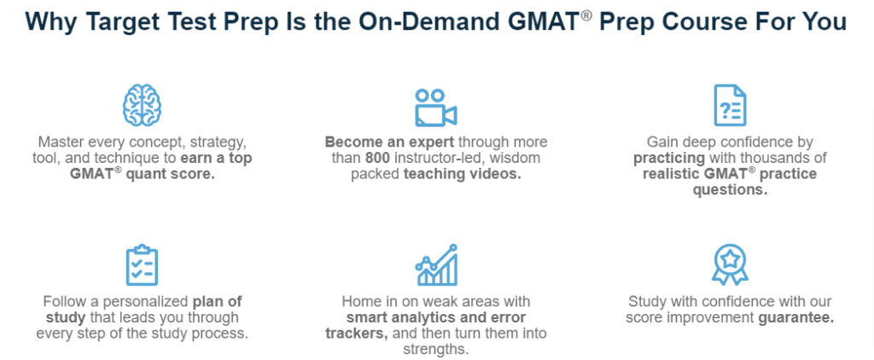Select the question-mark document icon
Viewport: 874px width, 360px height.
[x=730, y=107]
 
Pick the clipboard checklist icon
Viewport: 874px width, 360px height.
[x=142, y=266]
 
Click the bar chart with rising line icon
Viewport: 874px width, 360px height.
[x=436, y=265]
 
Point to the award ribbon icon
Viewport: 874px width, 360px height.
[x=730, y=265]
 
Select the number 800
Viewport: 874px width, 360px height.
[x=379, y=158]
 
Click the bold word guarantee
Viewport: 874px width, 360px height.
[x=795, y=317]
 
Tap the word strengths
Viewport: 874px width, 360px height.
[x=435, y=349]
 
